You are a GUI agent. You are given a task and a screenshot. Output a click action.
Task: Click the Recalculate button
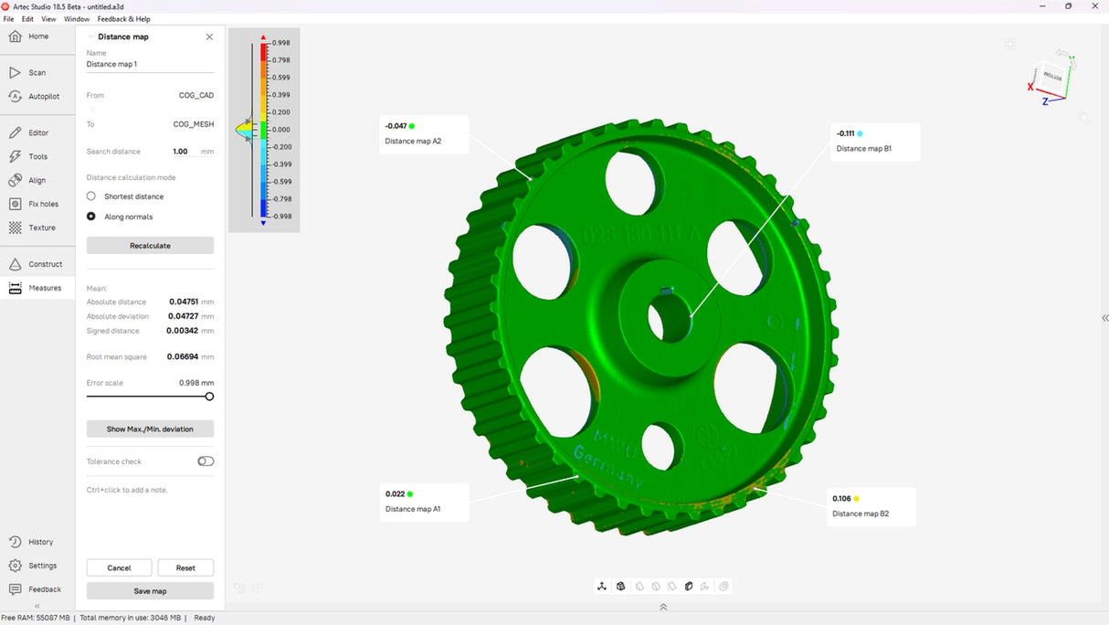150,246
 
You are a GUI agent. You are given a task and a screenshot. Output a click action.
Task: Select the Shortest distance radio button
91,196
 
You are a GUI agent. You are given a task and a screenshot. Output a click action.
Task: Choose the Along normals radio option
91,217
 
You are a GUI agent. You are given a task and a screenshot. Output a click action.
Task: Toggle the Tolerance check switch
206,461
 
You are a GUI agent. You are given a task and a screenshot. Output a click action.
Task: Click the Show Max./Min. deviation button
150,429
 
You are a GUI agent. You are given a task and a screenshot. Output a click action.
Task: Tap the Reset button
185,567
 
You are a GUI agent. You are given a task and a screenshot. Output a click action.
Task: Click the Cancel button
119,567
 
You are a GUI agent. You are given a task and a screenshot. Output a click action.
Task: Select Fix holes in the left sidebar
42,204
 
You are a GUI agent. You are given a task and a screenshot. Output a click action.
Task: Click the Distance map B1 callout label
863,149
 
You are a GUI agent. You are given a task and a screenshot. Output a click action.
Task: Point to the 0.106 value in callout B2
841,499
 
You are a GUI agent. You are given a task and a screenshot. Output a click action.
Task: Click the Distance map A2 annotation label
413,142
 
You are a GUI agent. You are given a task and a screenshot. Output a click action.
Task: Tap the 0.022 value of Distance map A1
395,493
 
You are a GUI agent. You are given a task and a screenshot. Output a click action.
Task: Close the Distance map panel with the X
209,37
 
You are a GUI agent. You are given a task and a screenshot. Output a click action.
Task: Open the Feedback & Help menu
124,18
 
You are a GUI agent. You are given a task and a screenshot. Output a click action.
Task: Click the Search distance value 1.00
180,152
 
